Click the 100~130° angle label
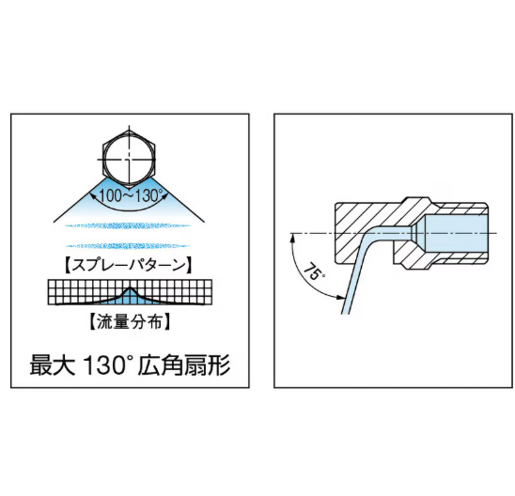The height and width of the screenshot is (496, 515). tap(129, 195)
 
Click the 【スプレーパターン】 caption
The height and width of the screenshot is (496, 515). tap(128, 265)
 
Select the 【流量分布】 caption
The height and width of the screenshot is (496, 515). tap(130, 321)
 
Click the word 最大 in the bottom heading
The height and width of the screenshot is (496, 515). tap(53, 365)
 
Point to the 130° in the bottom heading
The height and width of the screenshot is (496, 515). tap(106, 365)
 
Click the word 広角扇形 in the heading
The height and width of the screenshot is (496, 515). tap(184, 365)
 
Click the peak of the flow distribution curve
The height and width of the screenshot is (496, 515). tap(130, 287)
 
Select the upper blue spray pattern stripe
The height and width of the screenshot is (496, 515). tap(128, 225)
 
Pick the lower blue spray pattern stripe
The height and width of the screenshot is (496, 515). tap(128, 245)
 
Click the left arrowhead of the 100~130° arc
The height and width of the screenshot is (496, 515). tap(93, 196)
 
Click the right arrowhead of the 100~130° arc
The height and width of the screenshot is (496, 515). tap(165, 196)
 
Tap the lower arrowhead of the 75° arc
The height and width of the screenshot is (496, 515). tap(341, 298)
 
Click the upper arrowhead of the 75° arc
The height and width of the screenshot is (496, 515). tap(291, 238)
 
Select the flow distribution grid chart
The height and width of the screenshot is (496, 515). tap(130, 292)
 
